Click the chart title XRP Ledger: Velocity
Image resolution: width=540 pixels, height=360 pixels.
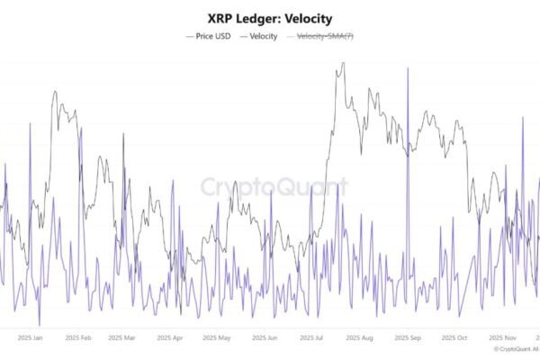click(x=269, y=18)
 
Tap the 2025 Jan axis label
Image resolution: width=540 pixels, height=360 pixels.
click(x=31, y=338)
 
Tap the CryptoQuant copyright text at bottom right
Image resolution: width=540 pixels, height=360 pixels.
click(x=515, y=350)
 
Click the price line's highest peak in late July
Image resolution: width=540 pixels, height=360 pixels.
click(x=343, y=64)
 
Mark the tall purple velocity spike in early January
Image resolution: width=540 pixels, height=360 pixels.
click(x=30, y=122)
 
